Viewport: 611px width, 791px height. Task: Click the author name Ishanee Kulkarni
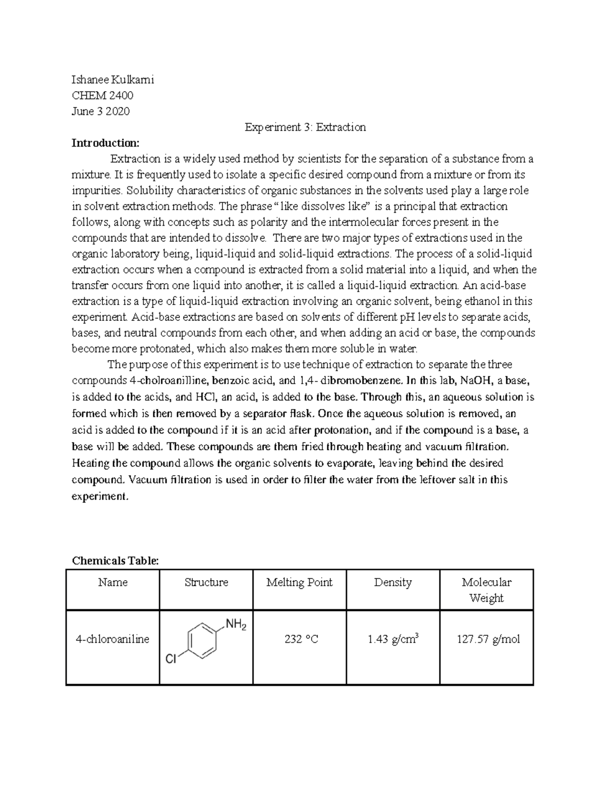click(x=113, y=79)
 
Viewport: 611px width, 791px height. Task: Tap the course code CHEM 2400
click(x=103, y=95)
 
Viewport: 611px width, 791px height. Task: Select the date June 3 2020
click(x=101, y=111)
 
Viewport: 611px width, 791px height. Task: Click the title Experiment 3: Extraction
click(x=305, y=127)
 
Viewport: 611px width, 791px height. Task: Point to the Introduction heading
click(x=105, y=143)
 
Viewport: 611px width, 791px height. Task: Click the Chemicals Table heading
click(x=116, y=561)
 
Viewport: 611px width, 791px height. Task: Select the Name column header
click(x=113, y=582)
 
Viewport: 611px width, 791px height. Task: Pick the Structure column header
click(x=206, y=582)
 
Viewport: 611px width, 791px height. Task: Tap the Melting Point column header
click(x=299, y=582)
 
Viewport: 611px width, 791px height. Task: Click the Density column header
click(x=393, y=582)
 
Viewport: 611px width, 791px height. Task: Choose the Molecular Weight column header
click(x=486, y=590)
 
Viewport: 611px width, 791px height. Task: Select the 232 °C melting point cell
click(x=301, y=639)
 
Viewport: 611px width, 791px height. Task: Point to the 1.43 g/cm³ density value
click(x=393, y=639)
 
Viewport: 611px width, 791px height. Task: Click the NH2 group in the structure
click(x=235, y=624)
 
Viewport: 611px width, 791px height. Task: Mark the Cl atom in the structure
click(x=171, y=660)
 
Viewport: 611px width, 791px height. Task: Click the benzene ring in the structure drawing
click(x=203, y=640)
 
